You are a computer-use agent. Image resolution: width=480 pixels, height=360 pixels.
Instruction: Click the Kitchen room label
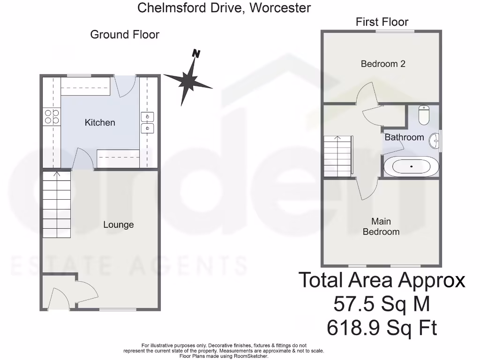click(99, 122)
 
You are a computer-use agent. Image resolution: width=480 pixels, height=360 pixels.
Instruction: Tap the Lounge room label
click(118, 225)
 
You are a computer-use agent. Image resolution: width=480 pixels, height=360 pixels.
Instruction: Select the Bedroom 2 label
click(382, 64)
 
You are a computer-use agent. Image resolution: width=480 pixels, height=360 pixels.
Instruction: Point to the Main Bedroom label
click(381, 226)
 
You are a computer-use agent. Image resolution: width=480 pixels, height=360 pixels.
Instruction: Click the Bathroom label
click(404, 137)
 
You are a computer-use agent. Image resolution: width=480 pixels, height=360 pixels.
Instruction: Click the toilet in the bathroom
click(424, 115)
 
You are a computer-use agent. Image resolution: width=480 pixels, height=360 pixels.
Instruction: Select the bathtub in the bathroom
click(411, 167)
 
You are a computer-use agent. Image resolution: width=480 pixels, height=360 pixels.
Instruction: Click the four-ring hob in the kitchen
click(52, 116)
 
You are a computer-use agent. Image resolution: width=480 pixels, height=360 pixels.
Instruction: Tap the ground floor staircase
click(57, 204)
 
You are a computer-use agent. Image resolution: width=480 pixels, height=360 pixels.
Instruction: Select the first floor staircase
click(337, 156)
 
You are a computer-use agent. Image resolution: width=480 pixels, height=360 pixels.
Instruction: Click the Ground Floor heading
click(125, 35)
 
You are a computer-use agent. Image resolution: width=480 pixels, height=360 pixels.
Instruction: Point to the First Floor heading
click(382, 22)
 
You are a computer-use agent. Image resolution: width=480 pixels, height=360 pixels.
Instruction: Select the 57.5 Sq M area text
click(381, 304)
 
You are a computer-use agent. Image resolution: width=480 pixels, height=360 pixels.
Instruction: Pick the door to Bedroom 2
click(366, 94)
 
